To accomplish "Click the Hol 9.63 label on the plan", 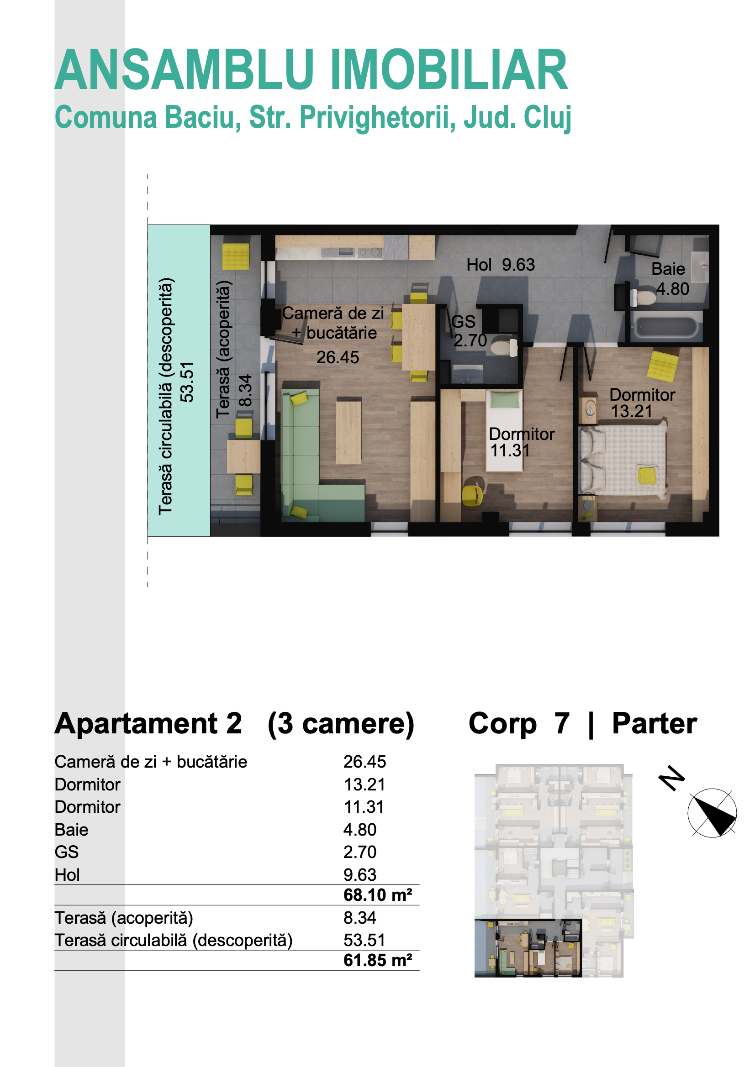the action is click(x=501, y=265).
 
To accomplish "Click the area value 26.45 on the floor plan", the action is click(x=338, y=357).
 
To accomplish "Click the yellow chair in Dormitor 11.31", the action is click(x=472, y=496).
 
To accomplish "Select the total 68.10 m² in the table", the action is click(x=378, y=894).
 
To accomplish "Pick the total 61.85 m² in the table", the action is click(x=378, y=960).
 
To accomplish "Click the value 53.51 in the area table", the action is click(x=364, y=940).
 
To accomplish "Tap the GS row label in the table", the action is click(x=67, y=852).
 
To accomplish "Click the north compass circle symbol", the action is click(x=712, y=813).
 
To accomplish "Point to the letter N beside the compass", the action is click(x=672, y=778).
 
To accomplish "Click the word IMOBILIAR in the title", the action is click(x=449, y=70).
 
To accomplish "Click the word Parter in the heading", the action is click(x=654, y=723).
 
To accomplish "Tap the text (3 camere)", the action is click(x=341, y=725).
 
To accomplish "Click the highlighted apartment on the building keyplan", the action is click(x=528, y=948).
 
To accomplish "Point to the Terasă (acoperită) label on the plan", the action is click(x=224, y=350).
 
